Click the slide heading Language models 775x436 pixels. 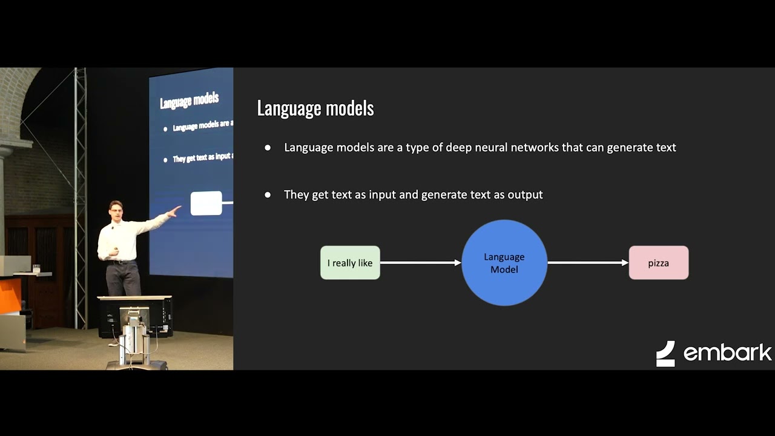(315, 108)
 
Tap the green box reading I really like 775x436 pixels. (350, 263)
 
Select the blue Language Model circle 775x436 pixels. (504, 263)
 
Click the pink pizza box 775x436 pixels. (658, 263)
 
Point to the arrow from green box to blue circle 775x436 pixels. (421, 263)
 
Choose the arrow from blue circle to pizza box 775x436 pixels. (588, 263)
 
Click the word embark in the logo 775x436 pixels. (727, 352)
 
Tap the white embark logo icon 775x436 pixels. (665, 354)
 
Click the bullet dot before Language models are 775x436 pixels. (268, 148)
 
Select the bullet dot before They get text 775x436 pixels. (268, 195)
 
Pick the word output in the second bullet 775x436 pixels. (526, 194)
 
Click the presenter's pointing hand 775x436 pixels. (174, 211)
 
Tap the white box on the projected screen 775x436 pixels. (206, 203)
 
